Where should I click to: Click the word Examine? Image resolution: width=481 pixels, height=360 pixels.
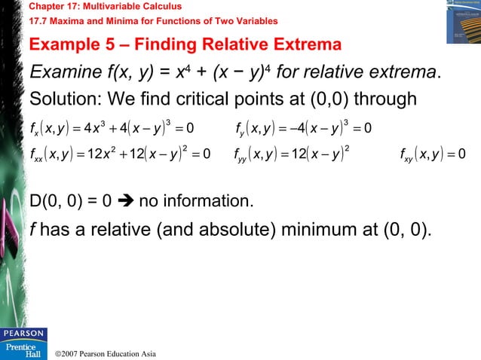click(x=63, y=73)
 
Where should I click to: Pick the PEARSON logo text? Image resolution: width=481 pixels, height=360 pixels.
click(x=23, y=333)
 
